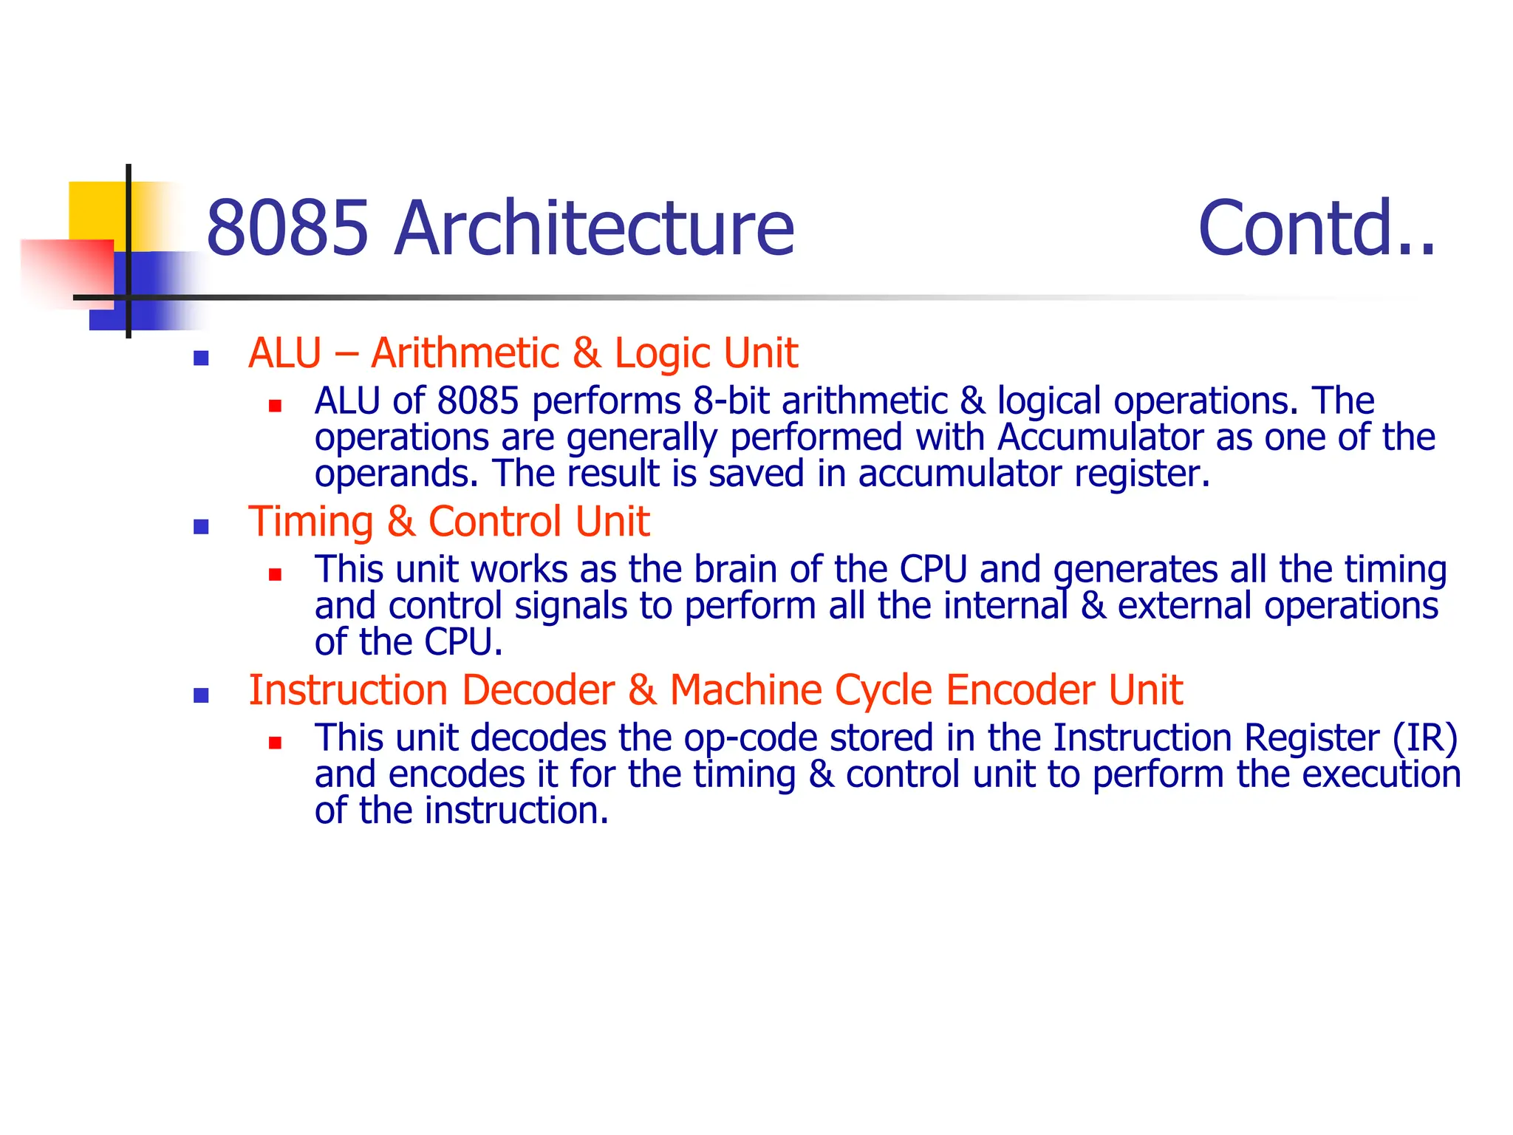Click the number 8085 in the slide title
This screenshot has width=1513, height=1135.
point(287,228)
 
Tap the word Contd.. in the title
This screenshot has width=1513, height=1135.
point(1316,228)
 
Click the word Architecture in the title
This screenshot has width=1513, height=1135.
point(594,228)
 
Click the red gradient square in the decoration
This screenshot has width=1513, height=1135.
point(66,270)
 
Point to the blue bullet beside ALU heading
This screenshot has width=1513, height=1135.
point(200,358)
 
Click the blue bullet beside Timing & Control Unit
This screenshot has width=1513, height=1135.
point(200,527)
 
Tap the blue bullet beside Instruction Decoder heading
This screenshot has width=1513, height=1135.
point(200,695)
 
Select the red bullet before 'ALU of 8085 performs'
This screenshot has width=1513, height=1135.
point(275,406)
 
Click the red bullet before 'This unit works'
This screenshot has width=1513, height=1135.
point(275,574)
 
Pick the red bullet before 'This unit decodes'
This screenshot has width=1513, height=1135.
point(275,743)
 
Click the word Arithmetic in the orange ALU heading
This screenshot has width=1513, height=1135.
point(465,352)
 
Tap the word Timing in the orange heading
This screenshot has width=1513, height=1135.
point(310,522)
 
